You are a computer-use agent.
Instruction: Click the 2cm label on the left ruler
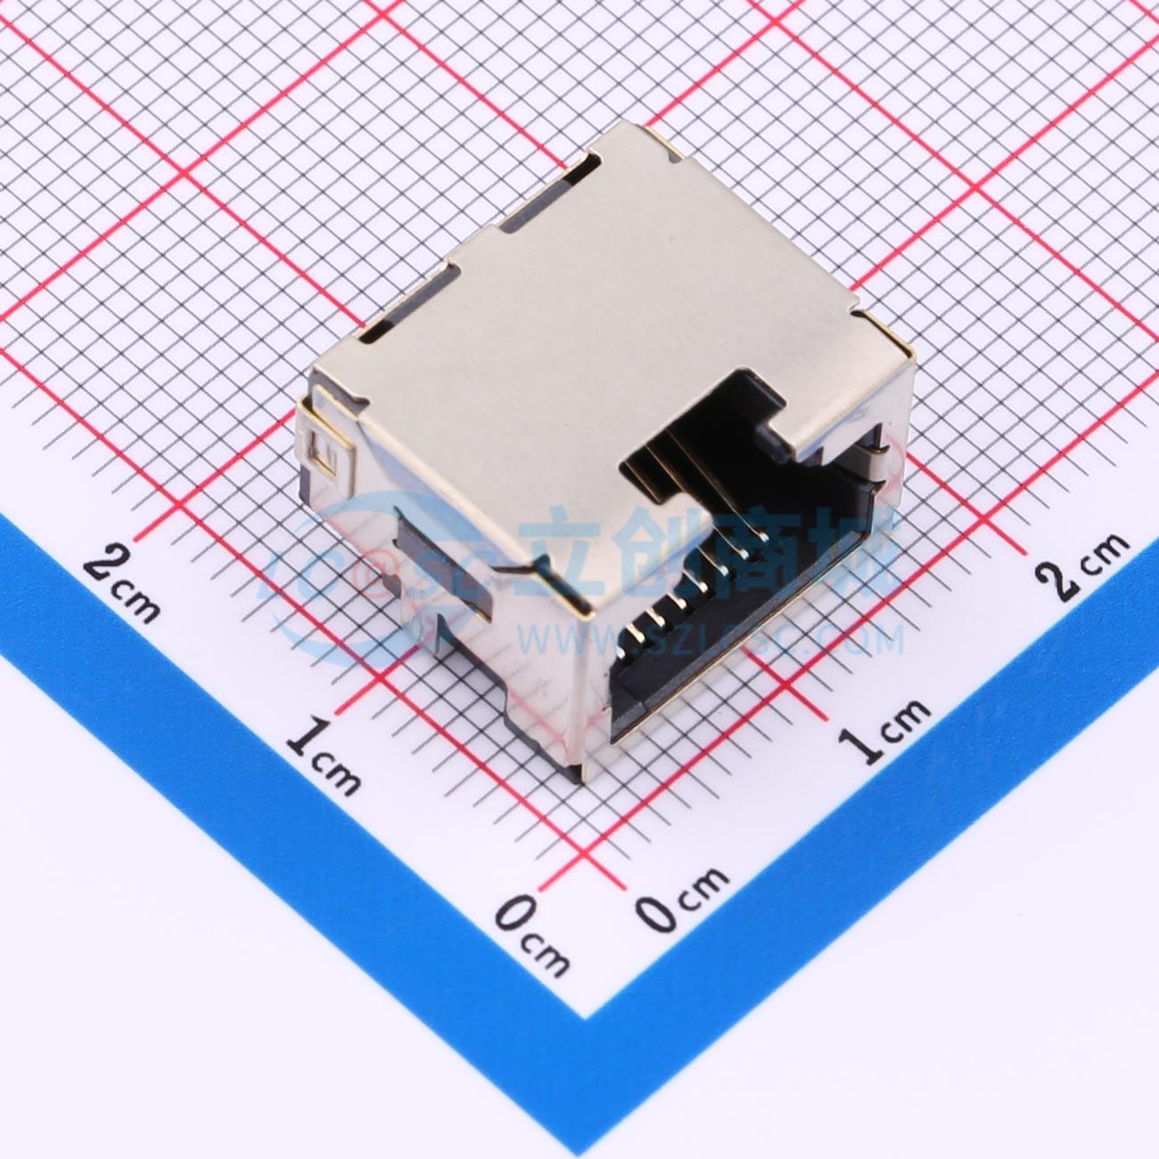(x=125, y=585)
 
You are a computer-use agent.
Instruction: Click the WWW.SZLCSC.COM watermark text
(x=713, y=639)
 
